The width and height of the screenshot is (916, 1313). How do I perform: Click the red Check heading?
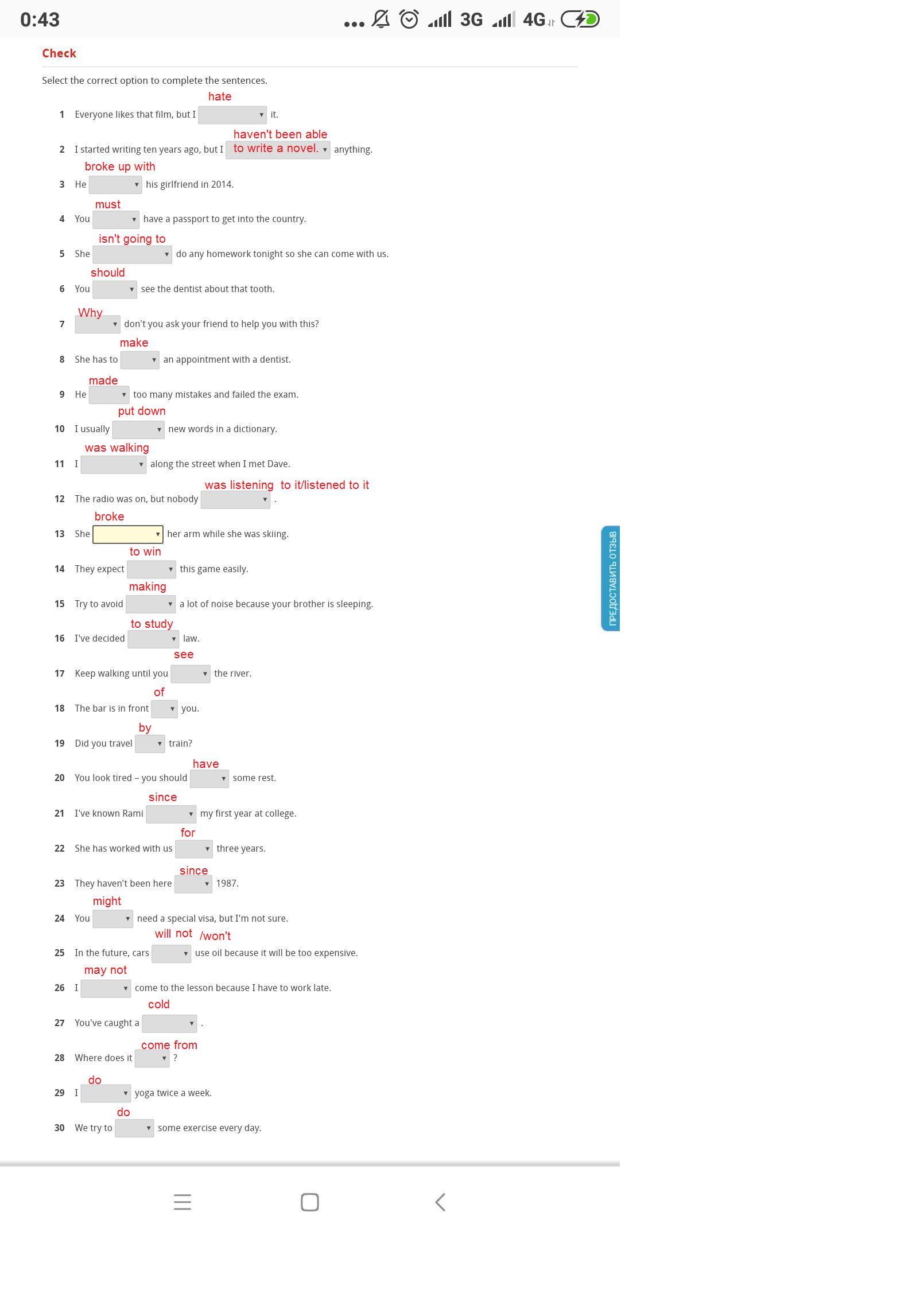pyautogui.click(x=59, y=53)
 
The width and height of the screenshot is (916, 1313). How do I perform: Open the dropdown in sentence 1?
pyautogui.click(x=232, y=115)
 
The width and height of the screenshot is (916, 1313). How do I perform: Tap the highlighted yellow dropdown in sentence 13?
pyautogui.click(x=127, y=534)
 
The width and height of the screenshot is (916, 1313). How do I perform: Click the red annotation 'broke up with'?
pyautogui.click(x=120, y=166)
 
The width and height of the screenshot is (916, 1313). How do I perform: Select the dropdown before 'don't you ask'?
pyautogui.click(x=97, y=324)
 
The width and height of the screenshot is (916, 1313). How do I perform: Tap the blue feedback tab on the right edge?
pyautogui.click(x=611, y=578)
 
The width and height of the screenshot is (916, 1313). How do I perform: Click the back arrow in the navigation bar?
pyautogui.click(x=440, y=1202)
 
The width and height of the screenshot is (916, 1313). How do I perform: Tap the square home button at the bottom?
pyautogui.click(x=310, y=1202)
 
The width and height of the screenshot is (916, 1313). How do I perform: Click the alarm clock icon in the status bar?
pyautogui.click(x=409, y=20)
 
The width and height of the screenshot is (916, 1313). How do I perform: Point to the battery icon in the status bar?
pyautogui.click(x=580, y=20)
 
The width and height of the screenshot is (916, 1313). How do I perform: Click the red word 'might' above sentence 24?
pyautogui.click(x=107, y=901)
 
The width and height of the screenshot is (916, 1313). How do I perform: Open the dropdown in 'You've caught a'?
pyautogui.click(x=169, y=1023)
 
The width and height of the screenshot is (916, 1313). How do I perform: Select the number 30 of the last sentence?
pyautogui.click(x=60, y=1128)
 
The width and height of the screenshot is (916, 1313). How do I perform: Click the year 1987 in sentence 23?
pyautogui.click(x=227, y=883)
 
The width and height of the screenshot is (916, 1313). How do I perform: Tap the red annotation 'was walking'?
pyautogui.click(x=117, y=448)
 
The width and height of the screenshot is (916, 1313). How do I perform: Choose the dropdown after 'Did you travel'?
pyautogui.click(x=150, y=744)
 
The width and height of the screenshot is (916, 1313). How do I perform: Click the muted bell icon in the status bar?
pyautogui.click(x=381, y=20)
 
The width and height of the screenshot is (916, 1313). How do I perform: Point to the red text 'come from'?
pyautogui.click(x=169, y=1045)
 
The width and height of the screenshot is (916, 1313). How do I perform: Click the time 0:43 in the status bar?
pyautogui.click(x=40, y=20)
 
